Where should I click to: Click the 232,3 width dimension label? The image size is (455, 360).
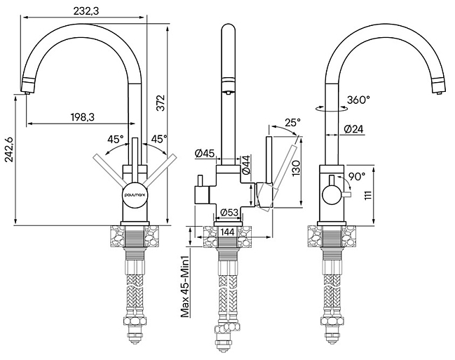[86, 11]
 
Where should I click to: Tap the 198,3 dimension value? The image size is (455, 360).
[83, 117]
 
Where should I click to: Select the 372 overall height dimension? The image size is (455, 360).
[161, 102]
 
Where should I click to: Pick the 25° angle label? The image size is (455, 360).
[292, 123]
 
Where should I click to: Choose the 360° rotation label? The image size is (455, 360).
[358, 100]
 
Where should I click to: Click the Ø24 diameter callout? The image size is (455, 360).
[354, 128]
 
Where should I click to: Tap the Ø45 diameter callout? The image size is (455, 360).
[205, 153]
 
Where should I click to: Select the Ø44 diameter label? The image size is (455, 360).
[246, 165]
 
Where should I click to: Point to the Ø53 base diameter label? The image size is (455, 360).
[229, 213]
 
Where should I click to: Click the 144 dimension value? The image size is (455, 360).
[227, 232]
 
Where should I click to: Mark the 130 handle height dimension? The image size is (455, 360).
[296, 168]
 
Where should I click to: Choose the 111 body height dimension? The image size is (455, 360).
[368, 194]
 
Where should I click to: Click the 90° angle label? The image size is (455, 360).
[356, 176]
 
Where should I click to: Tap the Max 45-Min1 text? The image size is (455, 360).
[185, 286]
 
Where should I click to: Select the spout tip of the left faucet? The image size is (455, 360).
[27, 93]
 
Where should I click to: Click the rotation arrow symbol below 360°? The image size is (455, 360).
[332, 109]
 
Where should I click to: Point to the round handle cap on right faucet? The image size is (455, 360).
[332, 194]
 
